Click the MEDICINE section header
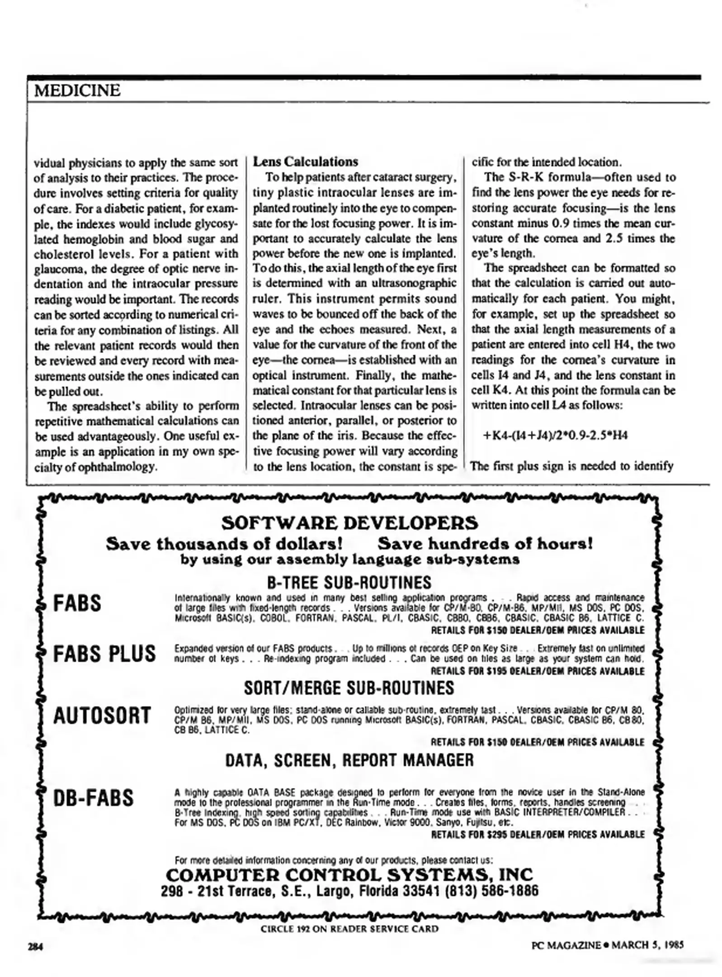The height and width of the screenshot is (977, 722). click(x=77, y=90)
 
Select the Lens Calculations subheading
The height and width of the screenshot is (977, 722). click(x=305, y=162)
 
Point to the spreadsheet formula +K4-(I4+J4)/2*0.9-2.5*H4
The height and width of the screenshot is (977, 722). click(x=555, y=436)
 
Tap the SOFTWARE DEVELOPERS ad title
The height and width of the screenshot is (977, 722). click(x=349, y=523)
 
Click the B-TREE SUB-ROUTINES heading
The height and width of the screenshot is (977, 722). click(x=349, y=582)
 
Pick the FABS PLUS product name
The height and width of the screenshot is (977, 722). click(x=104, y=654)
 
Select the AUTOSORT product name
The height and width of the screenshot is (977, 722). click(x=102, y=716)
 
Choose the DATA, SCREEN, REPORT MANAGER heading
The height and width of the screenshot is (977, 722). click(x=349, y=760)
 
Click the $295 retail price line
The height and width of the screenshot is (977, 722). click(x=538, y=835)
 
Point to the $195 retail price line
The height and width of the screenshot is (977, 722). click(x=538, y=671)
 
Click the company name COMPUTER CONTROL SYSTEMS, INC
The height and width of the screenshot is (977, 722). click(x=349, y=874)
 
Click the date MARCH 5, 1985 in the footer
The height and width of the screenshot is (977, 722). click(x=647, y=945)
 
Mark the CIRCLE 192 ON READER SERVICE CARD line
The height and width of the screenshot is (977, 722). click(x=349, y=929)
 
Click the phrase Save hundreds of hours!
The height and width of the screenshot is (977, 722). click(x=485, y=543)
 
